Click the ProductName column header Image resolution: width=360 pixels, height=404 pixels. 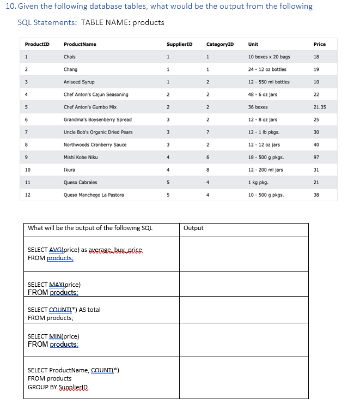80,44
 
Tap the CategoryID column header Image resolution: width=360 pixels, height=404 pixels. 220,44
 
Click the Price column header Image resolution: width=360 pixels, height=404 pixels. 320,44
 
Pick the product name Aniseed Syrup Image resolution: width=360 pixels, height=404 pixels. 79,82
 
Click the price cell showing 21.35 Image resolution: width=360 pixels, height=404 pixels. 320,107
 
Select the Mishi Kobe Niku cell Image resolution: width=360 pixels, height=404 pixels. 81,157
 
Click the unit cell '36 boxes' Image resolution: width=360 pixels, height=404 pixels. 258,107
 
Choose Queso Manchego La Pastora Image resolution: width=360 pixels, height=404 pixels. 94,195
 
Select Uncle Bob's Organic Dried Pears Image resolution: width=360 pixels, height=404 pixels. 98,132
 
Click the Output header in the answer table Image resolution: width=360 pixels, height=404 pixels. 193,228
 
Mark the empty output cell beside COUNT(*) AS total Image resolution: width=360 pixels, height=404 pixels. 243,313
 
